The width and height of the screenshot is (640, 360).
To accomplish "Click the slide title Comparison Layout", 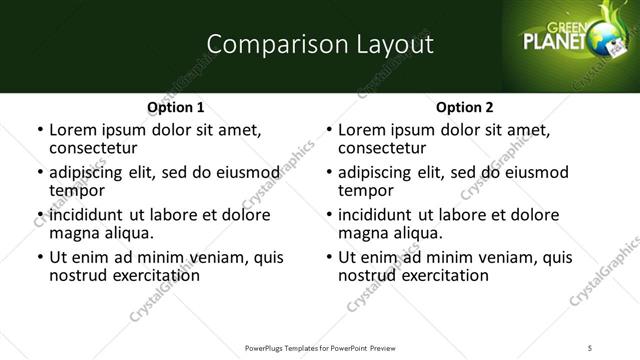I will (x=320, y=44).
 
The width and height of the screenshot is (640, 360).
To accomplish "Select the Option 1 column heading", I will (x=175, y=107).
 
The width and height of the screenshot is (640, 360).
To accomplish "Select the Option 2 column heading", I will (x=465, y=107).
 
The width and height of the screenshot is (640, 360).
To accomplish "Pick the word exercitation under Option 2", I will (x=443, y=274).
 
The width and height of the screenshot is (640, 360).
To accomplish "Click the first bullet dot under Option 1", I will (x=39, y=130).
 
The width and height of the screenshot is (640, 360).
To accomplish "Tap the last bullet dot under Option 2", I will (x=329, y=257).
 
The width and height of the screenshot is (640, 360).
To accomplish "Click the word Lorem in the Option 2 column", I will (x=360, y=130).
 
